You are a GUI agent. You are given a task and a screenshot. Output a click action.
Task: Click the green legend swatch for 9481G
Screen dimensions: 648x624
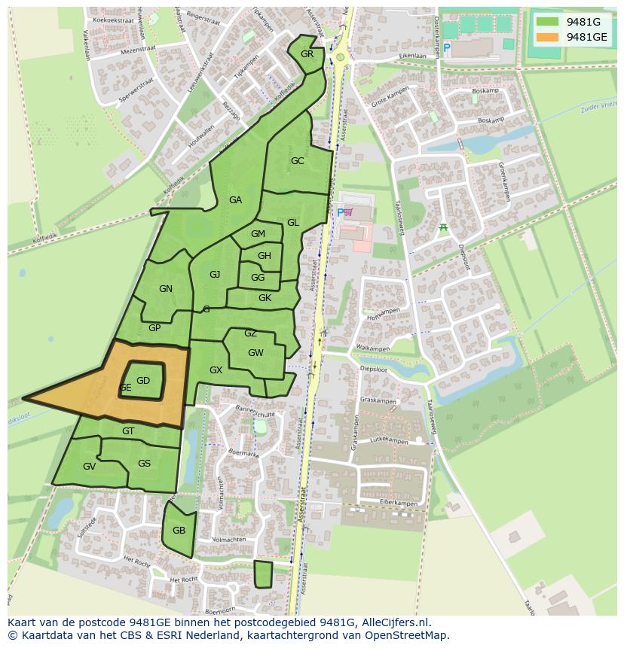click(x=548, y=22)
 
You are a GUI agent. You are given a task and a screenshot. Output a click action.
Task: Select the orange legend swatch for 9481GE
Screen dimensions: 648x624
click(x=548, y=37)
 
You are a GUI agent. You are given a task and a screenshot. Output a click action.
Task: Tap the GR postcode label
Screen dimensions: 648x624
click(x=307, y=54)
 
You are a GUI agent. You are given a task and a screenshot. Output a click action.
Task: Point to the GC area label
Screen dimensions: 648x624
click(x=298, y=161)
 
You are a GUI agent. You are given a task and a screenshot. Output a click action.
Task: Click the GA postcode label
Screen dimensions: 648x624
click(x=236, y=200)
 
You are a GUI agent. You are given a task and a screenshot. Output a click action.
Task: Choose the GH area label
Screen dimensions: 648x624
click(x=265, y=256)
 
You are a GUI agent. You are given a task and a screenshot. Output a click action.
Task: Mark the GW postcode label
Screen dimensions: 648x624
click(x=255, y=353)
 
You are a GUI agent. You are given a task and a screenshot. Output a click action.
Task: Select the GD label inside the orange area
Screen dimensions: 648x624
click(x=143, y=381)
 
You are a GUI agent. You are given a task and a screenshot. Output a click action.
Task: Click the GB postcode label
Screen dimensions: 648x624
click(x=179, y=531)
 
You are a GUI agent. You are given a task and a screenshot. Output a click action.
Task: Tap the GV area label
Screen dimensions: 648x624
click(x=89, y=467)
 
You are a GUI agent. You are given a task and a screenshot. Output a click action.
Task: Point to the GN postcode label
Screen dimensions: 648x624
click(x=166, y=289)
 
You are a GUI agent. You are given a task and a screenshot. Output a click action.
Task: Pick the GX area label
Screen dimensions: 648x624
click(x=216, y=370)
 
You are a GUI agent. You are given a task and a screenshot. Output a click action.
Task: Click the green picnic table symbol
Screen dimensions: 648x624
click(x=443, y=227)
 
